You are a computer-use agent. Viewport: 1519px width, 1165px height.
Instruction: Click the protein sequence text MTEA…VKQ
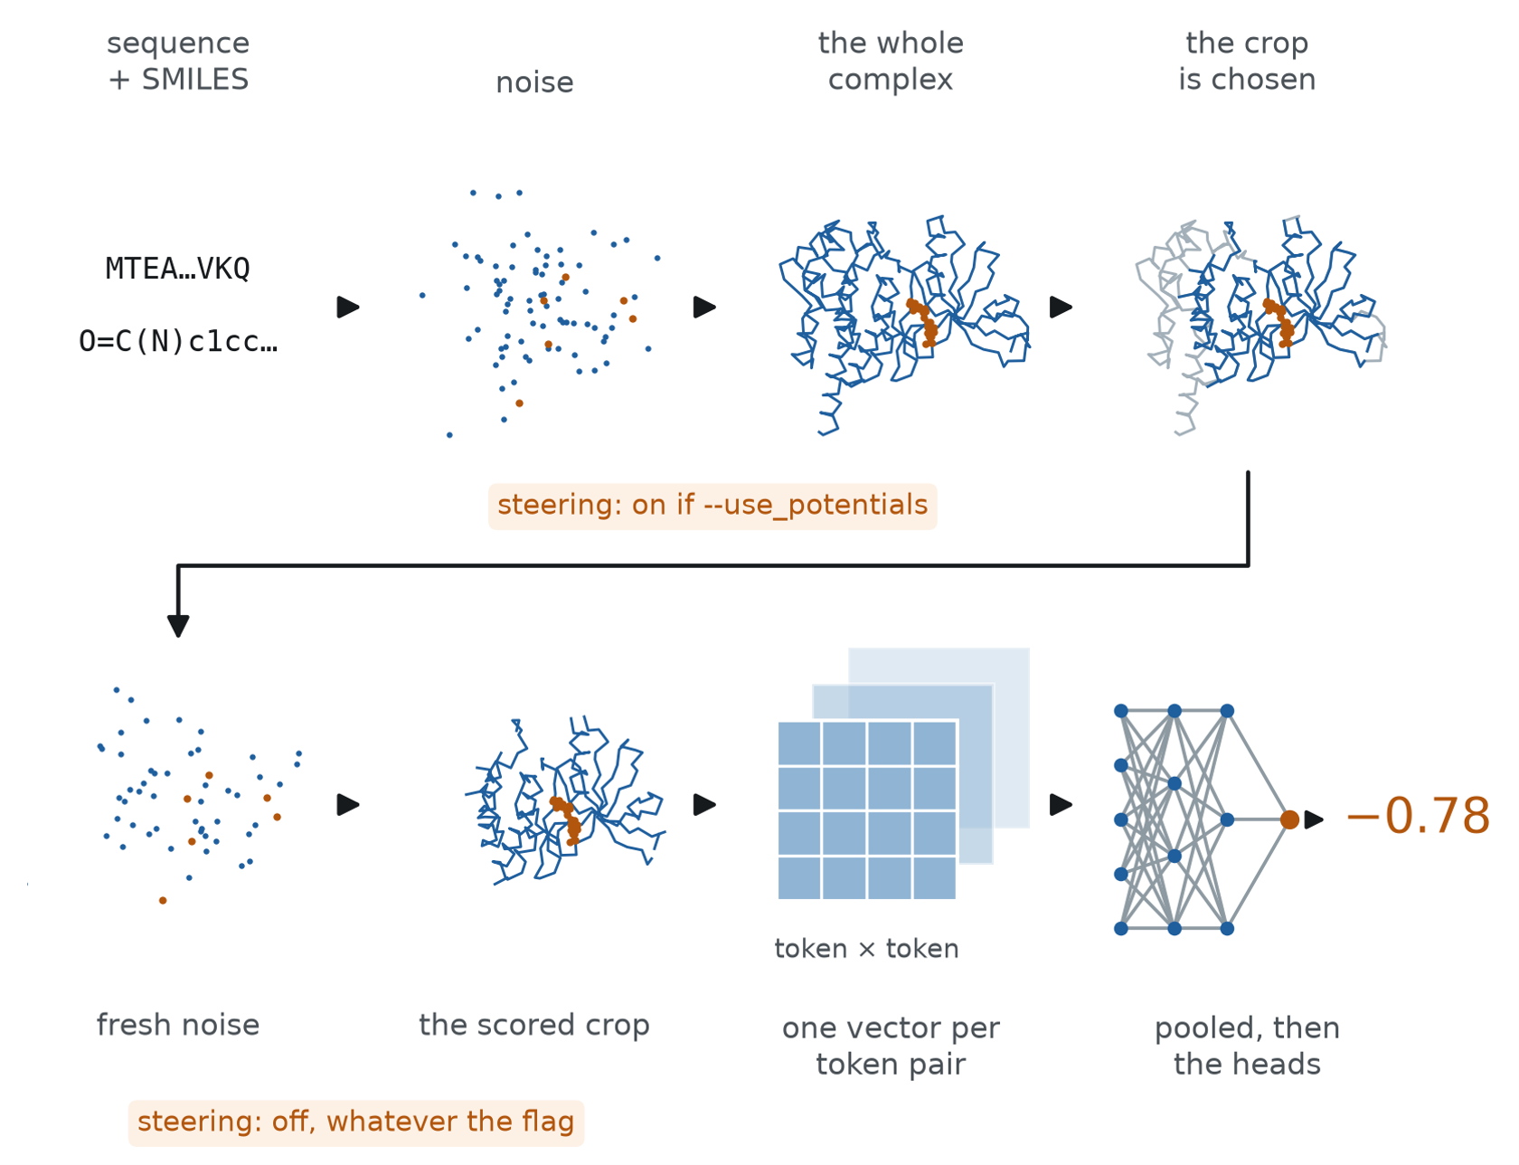[x=178, y=269]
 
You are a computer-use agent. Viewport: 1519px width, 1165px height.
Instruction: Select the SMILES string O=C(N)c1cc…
[x=178, y=342]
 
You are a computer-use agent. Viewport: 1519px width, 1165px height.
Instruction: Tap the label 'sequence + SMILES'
[x=178, y=62]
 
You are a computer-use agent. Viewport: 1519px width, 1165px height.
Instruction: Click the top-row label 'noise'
[x=534, y=82]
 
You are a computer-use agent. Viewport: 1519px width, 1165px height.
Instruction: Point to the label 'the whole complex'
[x=891, y=62]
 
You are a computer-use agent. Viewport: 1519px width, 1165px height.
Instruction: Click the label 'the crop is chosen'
[x=1247, y=62]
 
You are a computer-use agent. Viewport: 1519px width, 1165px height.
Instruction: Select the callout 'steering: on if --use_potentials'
[x=712, y=506]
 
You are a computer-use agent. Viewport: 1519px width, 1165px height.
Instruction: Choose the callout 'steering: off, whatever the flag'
[x=356, y=1122]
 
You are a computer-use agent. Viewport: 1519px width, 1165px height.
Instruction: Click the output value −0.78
[x=1418, y=817]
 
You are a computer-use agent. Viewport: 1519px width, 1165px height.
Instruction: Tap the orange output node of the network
[x=1290, y=819]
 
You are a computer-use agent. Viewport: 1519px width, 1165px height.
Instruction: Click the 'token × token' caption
[x=866, y=949]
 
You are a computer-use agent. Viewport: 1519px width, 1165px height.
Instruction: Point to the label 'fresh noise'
[x=178, y=1025]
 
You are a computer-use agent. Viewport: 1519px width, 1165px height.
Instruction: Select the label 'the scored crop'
[x=534, y=1026]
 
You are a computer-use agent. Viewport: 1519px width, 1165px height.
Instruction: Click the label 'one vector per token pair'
[x=891, y=1047]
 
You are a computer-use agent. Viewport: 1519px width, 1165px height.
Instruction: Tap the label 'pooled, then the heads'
[x=1247, y=1047]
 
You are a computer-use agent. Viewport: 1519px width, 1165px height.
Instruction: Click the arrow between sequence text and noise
[x=348, y=308]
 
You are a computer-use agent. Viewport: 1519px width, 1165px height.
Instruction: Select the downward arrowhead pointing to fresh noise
[x=178, y=626]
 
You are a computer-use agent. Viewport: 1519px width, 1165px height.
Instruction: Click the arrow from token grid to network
[x=1061, y=805]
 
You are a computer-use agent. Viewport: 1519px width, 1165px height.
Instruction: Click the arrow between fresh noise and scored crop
[x=348, y=805]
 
